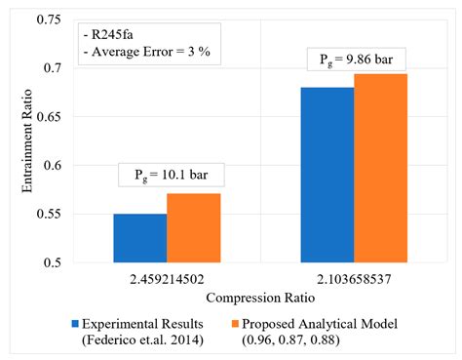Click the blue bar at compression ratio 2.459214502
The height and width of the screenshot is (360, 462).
[139, 238]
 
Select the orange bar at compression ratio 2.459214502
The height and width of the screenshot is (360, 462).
[193, 228]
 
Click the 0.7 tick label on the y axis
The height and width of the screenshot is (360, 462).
[49, 68]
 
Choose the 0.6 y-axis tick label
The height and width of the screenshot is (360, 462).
[49, 166]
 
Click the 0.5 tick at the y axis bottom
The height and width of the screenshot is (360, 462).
[49, 262]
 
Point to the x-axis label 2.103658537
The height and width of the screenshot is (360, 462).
[354, 278]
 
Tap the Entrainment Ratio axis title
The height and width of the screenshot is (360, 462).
[16, 141]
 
